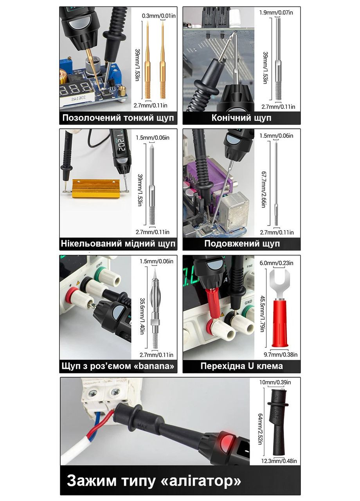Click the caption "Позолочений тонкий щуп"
pyautogui.click(x=118, y=118)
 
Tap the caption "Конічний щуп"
pyautogui.click(x=241, y=118)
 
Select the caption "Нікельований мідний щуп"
pyautogui.click(x=118, y=243)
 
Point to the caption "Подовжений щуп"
pyautogui.click(x=242, y=243)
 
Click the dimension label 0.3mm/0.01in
pyautogui.click(x=159, y=16)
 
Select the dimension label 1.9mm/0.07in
pyautogui.click(x=276, y=12)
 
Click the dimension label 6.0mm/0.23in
pyautogui.click(x=276, y=263)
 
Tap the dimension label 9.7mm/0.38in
pyautogui.click(x=281, y=355)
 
